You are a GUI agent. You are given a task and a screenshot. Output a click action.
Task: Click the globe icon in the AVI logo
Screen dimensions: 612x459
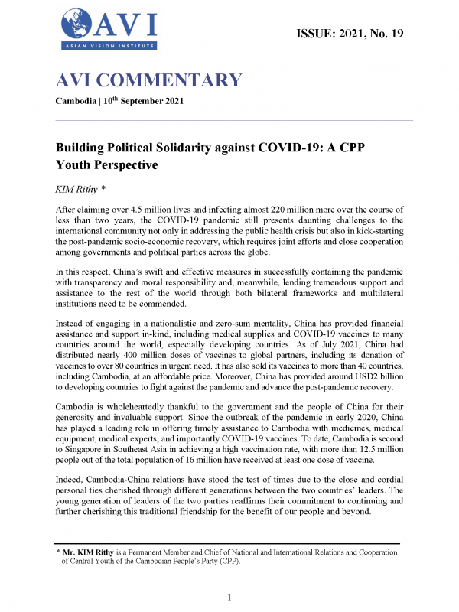pyautogui.click(x=73, y=24)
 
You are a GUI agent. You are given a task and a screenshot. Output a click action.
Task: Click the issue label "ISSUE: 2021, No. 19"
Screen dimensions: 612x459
pyautogui.click(x=348, y=33)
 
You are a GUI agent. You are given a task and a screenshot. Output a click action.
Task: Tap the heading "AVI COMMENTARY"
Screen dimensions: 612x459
pyautogui.click(x=149, y=81)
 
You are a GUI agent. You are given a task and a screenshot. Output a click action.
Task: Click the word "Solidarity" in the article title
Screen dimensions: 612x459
pyautogui.click(x=178, y=147)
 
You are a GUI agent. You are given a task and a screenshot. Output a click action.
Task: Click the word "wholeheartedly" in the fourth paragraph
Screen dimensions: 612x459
pyautogui.click(x=146, y=408)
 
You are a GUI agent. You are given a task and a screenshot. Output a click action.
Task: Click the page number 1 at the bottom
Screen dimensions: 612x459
pyautogui.click(x=229, y=597)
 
